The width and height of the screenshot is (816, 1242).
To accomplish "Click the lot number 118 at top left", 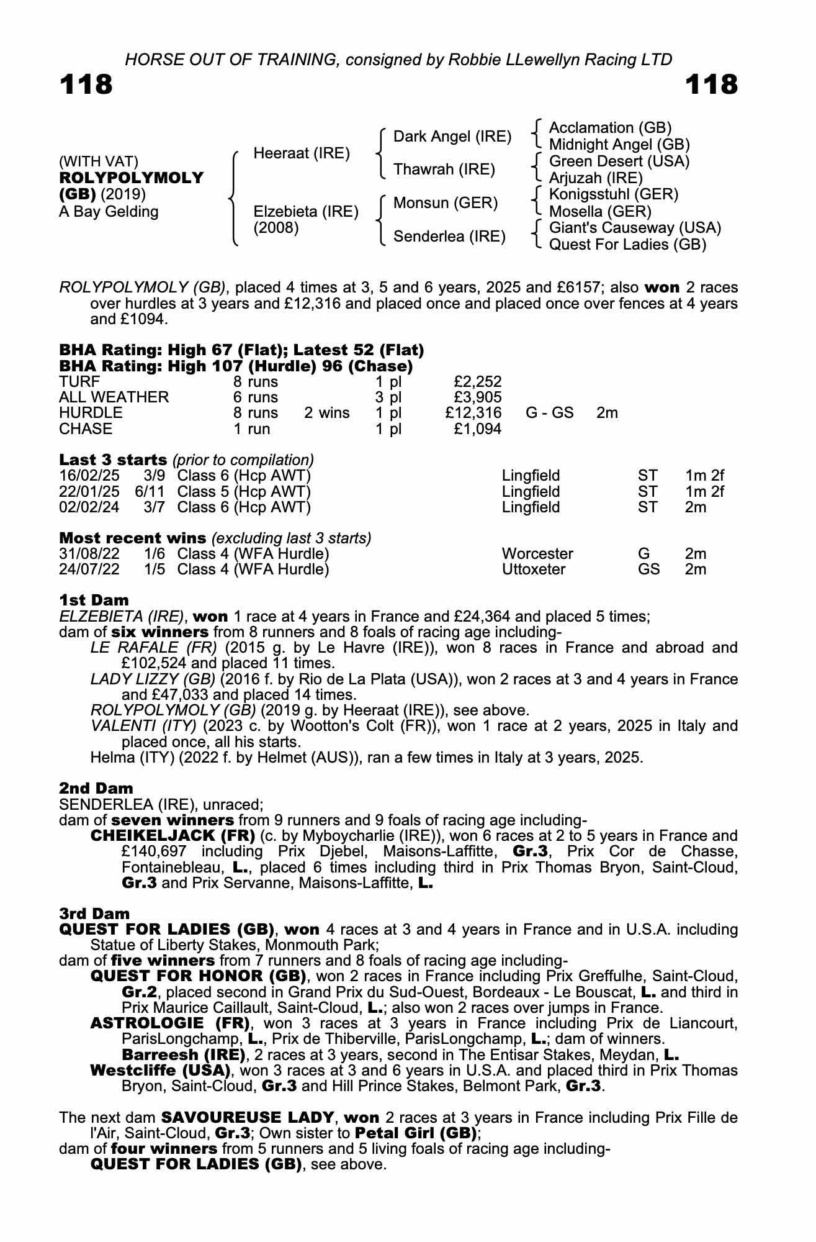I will [x=86, y=84].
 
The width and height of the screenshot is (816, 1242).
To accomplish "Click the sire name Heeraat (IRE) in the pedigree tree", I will [x=302, y=153].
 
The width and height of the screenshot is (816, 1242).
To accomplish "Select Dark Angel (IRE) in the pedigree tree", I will [x=452, y=137].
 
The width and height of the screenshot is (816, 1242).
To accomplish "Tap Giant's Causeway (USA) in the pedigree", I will [x=635, y=228].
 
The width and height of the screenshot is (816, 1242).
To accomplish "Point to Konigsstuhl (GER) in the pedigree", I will [x=614, y=194].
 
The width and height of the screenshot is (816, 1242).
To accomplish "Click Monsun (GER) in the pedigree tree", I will [x=446, y=203].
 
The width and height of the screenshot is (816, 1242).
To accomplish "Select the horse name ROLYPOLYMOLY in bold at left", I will [x=131, y=178].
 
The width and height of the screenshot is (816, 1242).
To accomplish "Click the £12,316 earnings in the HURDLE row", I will [x=473, y=413].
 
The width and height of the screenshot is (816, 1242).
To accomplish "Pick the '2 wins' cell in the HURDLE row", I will [x=326, y=413].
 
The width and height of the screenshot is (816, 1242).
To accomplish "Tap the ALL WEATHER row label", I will [x=114, y=397].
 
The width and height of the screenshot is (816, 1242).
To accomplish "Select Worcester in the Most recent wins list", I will [x=537, y=553].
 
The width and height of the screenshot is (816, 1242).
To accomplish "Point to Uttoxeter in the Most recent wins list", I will [x=534, y=569].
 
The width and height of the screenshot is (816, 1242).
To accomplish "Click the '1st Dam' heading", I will [x=94, y=601].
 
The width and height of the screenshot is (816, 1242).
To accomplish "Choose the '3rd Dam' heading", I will [x=94, y=913].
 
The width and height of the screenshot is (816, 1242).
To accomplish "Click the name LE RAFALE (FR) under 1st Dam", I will [x=153, y=648].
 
